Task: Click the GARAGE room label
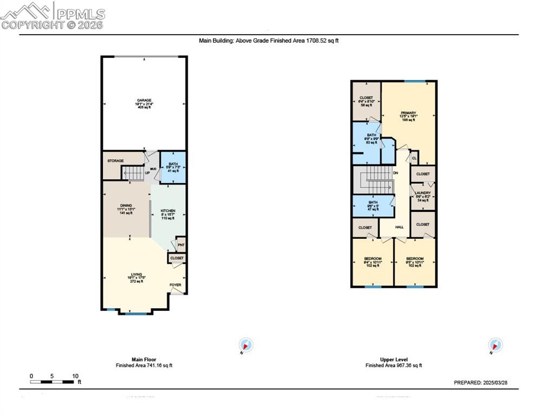[143, 101]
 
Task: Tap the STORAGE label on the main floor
[115, 161]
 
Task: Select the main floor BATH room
[173, 167]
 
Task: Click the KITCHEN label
[168, 211]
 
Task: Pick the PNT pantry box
[181, 245]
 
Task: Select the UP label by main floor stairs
[147, 173]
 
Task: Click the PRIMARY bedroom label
[408, 113]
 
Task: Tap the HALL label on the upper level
[399, 227]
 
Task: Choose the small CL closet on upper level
[414, 158]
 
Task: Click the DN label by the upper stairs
[396, 173]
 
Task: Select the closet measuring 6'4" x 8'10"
[366, 101]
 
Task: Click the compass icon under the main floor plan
[246, 345]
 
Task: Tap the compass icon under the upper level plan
[495, 345]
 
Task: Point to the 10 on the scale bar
[75, 376]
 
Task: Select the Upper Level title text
[393, 359]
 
